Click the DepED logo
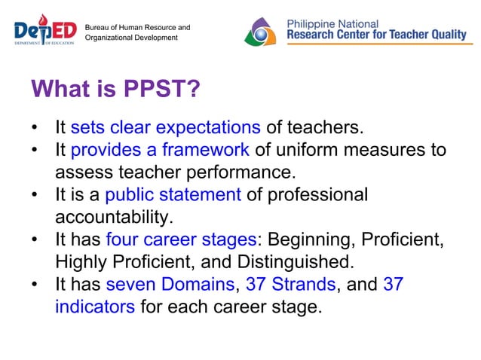pyautogui.click(x=45, y=31)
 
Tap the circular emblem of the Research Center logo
pyautogui.click(x=263, y=31)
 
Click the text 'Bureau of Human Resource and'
pyautogui.click(x=137, y=27)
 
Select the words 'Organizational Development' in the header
pyautogui.click(x=132, y=38)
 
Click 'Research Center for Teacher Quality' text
pyautogui.click(x=379, y=35)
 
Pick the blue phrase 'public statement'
pyautogui.click(x=173, y=195)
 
